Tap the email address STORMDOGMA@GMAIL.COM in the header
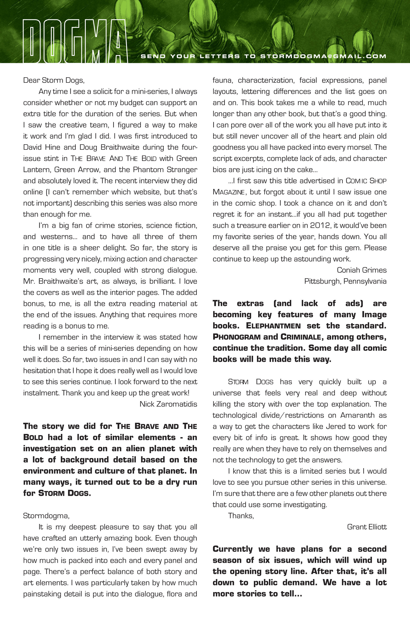[323, 56]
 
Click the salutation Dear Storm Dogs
[54, 80]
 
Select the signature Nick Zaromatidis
[168, 404]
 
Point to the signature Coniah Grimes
[362, 270]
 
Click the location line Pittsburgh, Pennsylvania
[345, 281]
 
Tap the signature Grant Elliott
[367, 527]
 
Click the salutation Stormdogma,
[46, 516]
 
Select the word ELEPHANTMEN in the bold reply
[273, 326]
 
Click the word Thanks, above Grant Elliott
[241, 516]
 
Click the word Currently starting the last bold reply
[233, 549]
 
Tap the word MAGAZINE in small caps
[228, 192]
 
